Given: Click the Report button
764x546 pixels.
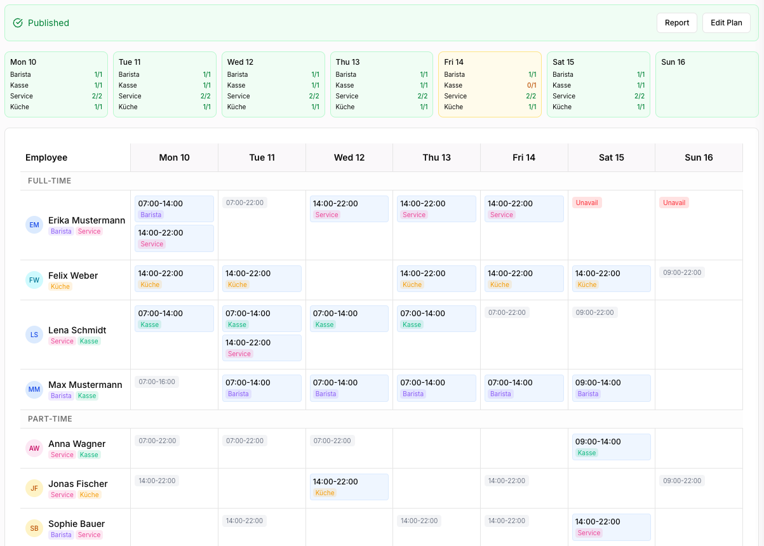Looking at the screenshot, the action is [677, 23].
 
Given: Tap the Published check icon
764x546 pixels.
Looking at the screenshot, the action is [18, 23].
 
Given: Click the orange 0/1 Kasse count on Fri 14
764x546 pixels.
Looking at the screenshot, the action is [532, 85].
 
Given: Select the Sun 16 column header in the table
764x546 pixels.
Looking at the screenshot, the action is [699, 157].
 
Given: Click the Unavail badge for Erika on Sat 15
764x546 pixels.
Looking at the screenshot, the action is [587, 203].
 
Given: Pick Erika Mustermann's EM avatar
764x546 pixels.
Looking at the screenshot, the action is [34, 225].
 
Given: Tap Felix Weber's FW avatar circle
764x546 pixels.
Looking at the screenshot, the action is [34, 281].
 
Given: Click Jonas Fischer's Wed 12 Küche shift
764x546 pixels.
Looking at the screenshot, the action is [349, 487].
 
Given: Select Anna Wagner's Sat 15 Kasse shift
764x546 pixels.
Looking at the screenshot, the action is [611, 447].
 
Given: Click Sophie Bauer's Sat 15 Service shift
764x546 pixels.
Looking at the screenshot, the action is [611, 527].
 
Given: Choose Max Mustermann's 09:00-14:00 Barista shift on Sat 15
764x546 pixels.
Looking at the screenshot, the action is [611, 388].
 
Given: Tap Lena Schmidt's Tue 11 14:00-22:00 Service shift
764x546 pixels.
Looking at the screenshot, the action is [262, 348].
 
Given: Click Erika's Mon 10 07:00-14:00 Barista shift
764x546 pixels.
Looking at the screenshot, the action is [174, 209].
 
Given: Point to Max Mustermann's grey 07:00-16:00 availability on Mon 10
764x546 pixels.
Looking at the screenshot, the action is [157, 382].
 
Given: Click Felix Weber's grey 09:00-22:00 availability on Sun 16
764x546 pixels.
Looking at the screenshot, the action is [682, 272].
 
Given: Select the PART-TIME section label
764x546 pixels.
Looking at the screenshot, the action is [50, 419].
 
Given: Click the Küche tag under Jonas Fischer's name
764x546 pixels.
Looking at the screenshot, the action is [89, 495].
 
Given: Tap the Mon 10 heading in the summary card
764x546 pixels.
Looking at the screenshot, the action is [23, 62].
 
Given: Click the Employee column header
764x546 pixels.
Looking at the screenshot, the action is [46, 157].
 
